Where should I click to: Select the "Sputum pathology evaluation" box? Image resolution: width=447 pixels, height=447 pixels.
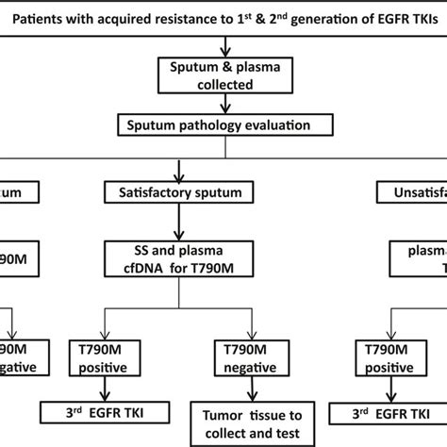(x=223, y=124)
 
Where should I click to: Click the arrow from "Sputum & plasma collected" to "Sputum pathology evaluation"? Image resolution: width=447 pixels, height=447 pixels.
(x=223, y=105)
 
